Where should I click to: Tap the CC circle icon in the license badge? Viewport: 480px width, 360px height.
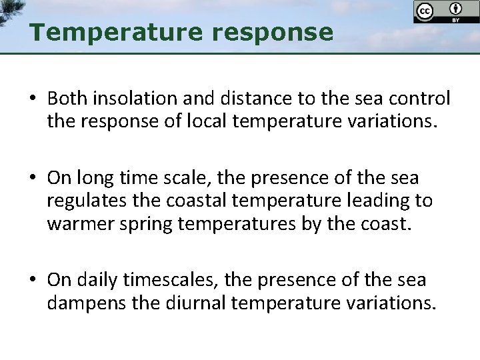[423, 11]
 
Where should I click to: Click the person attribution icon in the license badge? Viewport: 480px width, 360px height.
[456, 9]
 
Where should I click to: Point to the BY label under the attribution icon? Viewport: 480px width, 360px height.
[456, 20]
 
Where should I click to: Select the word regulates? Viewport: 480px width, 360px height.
[81, 200]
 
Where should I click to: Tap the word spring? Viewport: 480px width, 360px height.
[131, 223]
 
